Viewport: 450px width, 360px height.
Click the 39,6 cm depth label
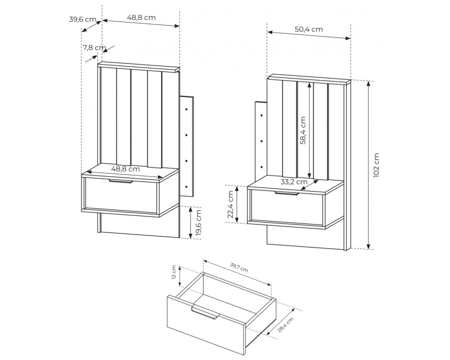[82, 19]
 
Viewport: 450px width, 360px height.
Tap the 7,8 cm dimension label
[94, 47]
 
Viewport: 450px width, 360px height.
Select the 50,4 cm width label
[309, 29]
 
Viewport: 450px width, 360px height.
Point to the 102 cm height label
[376, 165]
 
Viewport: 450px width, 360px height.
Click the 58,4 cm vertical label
[302, 130]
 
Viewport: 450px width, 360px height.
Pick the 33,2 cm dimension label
[294, 181]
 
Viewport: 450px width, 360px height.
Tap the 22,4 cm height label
[230, 204]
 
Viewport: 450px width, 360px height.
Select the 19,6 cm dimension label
[197, 223]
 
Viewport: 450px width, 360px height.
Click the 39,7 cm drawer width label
[239, 267]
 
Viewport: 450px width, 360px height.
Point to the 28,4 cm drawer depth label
[286, 324]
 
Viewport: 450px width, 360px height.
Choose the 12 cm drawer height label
[173, 272]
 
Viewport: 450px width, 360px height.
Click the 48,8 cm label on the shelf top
[125, 169]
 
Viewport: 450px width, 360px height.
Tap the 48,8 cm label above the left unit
[141, 17]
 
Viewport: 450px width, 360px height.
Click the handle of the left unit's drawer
[121, 181]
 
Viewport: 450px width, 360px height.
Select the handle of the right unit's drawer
[286, 193]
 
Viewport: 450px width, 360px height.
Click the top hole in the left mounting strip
[186, 109]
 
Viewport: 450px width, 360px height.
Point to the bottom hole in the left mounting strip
[186, 186]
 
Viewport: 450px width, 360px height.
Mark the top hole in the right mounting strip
[261, 115]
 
